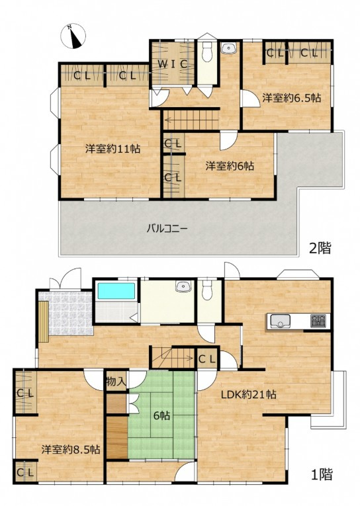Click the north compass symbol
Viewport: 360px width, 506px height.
click(x=73, y=36)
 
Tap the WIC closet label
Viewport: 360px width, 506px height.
click(x=173, y=64)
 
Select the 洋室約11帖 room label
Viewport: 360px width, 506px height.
click(x=112, y=149)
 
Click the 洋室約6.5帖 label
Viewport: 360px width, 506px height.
click(x=292, y=98)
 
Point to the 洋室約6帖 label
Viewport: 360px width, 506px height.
click(x=230, y=166)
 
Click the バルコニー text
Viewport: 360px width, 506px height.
click(x=167, y=229)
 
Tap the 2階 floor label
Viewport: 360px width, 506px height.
click(x=320, y=248)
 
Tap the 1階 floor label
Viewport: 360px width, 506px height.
click(x=322, y=474)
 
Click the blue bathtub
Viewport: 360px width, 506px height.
click(x=116, y=291)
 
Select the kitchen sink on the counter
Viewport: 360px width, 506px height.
click(x=280, y=321)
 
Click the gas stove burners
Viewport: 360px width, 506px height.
click(x=319, y=321)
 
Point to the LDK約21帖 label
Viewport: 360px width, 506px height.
click(x=248, y=394)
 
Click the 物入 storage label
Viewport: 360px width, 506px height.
click(x=116, y=382)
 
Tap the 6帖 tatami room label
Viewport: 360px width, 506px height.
click(x=161, y=416)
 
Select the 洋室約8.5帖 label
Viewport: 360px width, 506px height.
click(x=70, y=449)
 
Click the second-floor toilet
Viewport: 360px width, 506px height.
click(x=206, y=52)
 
